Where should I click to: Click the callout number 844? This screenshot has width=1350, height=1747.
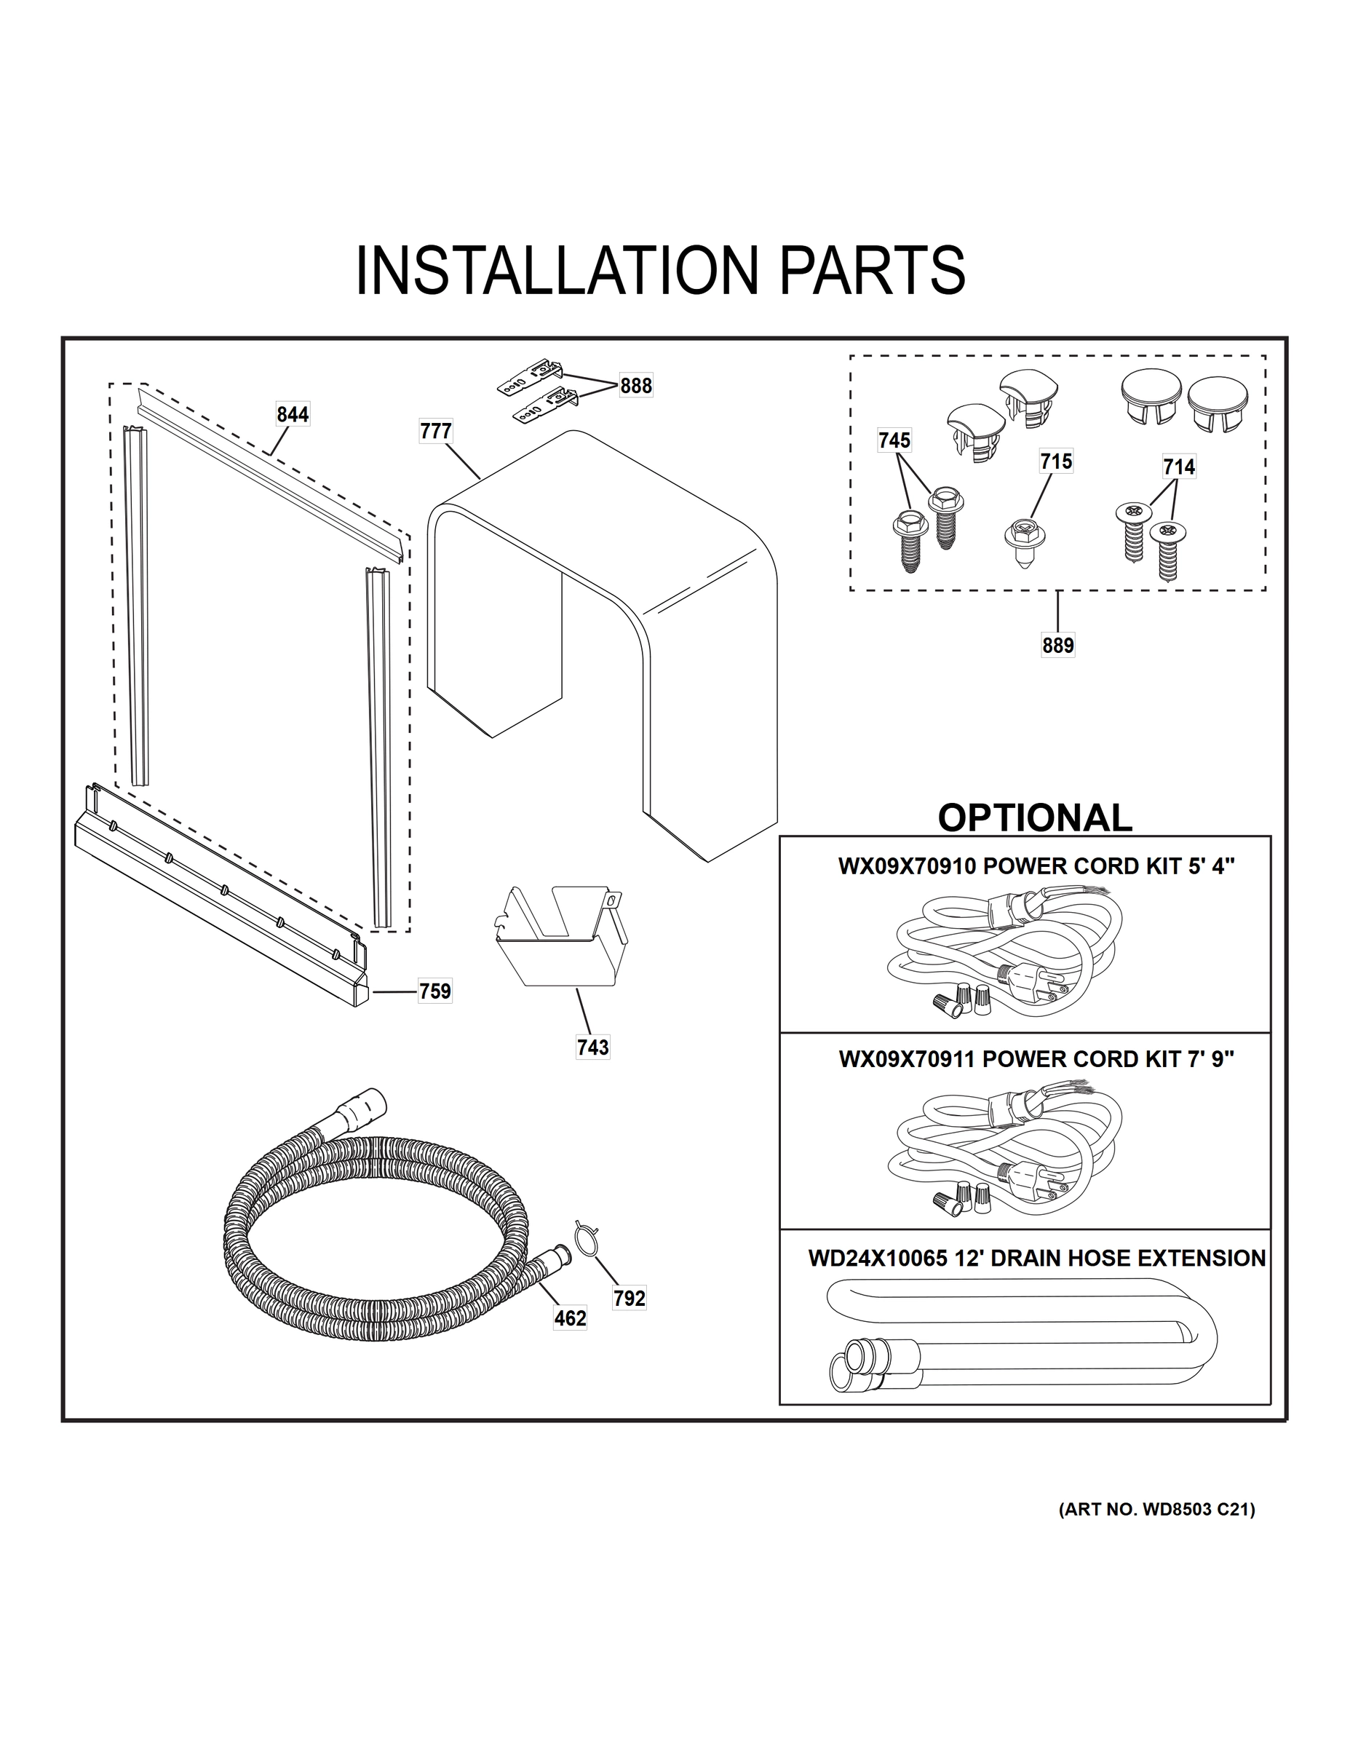pos(293,414)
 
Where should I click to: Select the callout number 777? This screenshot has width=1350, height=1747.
pos(436,431)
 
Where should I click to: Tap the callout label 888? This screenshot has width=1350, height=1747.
pos(636,386)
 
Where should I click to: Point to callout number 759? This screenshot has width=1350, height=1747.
pos(435,991)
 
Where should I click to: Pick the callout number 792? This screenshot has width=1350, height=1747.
pos(630,1299)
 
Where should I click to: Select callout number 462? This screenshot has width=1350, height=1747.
pos(571,1318)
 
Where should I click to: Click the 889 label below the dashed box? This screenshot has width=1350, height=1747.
pos(1057,645)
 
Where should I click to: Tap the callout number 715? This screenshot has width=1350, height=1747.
pos(1056,461)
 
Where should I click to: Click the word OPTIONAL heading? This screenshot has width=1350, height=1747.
pos(1034,817)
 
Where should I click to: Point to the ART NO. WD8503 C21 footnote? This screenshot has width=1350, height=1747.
pos(1156,1510)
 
